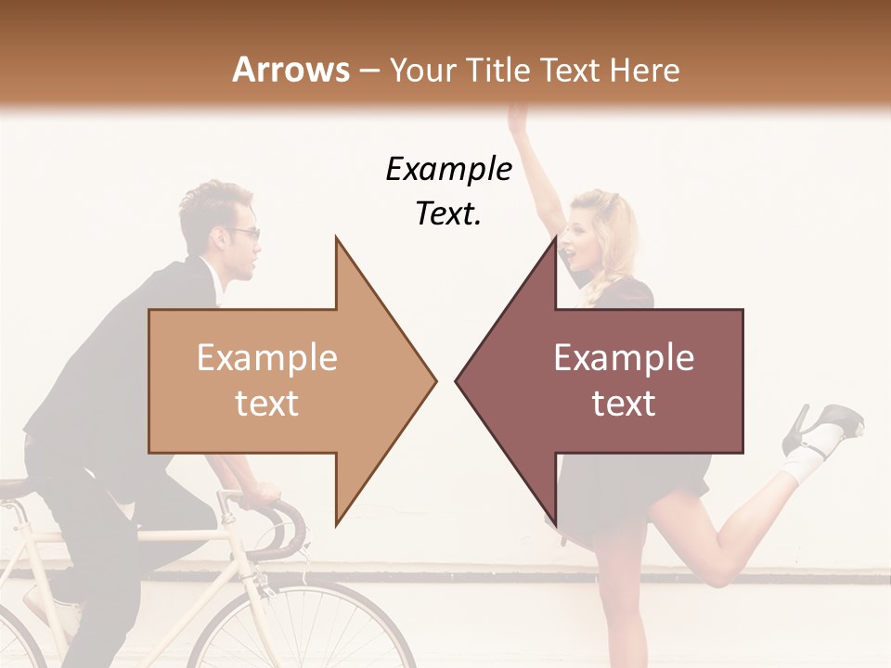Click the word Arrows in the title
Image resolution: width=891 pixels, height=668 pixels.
291,70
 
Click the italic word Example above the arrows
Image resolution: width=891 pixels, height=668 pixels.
448,169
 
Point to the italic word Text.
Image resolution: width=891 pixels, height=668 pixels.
448,213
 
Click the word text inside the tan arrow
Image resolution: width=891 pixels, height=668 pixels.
267,404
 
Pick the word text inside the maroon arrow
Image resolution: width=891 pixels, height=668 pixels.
624,404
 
